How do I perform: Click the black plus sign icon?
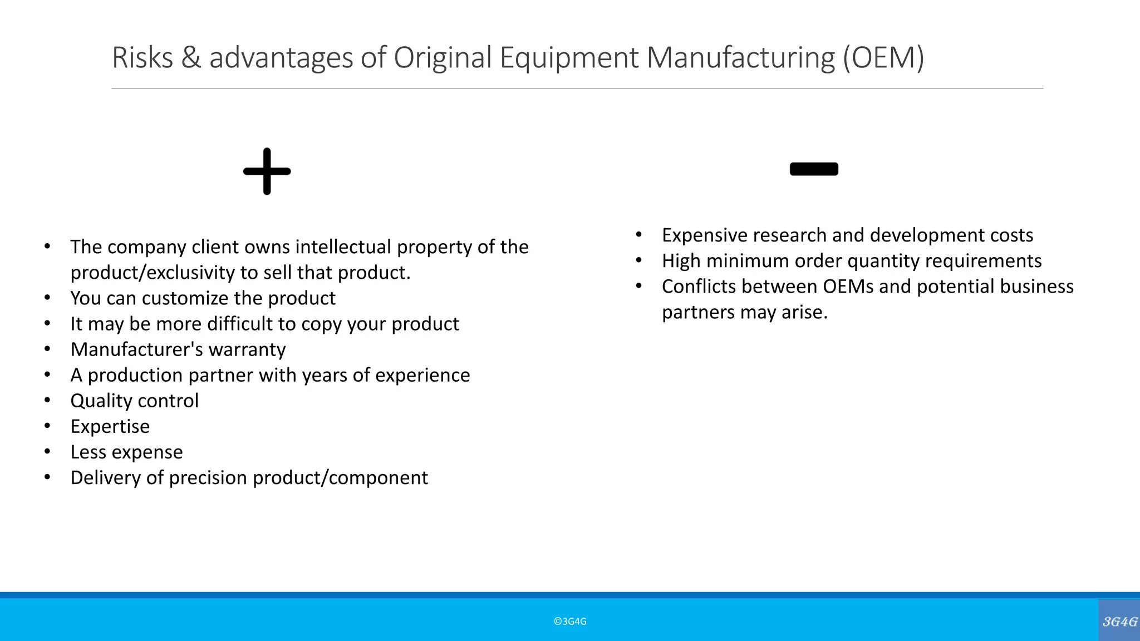pos(267,171)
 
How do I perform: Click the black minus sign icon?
pos(814,169)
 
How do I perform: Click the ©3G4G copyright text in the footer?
pos(570,622)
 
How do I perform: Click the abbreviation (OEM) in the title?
pos(883,57)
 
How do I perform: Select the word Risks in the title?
pos(142,57)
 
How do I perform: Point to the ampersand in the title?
pos(191,57)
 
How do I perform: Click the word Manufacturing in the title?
pos(740,57)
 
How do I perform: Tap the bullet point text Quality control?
pos(134,401)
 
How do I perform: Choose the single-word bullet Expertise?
pos(110,426)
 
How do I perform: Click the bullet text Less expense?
pos(126,452)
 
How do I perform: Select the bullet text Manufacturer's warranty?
pos(178,349)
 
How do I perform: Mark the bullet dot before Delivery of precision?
pos(47,477)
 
